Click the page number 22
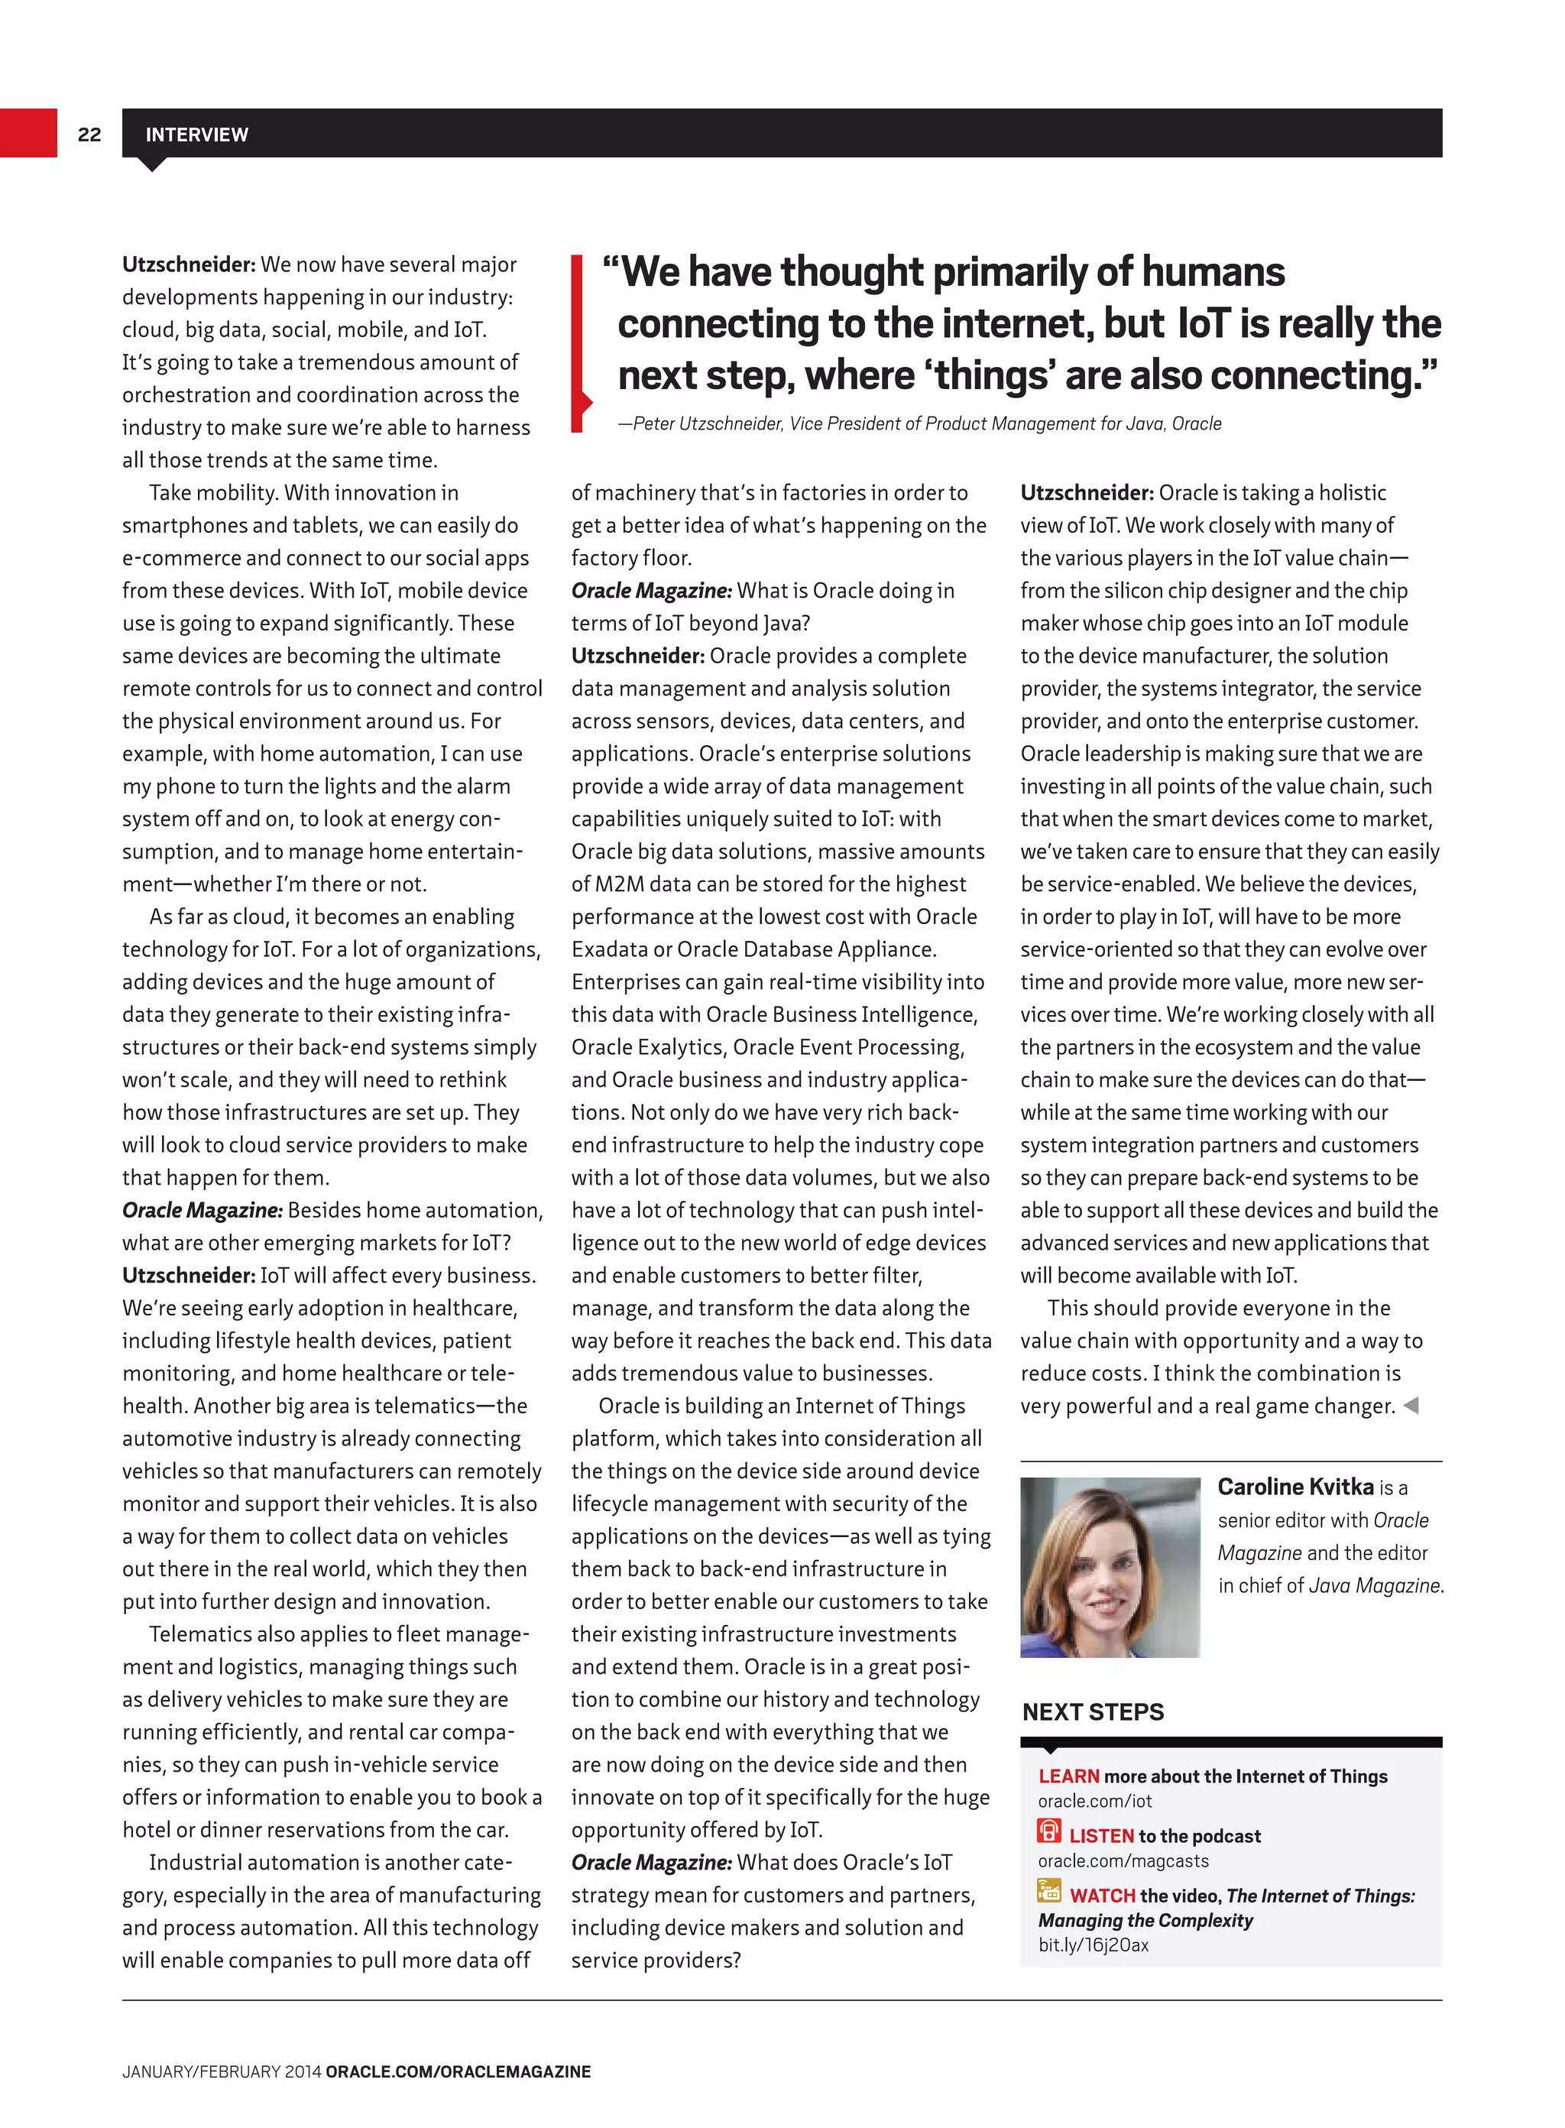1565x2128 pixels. click(x=89, y=135)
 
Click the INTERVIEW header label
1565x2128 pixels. click(x=196, y=135)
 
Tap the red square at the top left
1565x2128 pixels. click(x=28, y=133)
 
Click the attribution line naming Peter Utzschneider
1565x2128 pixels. click(x=919, y=423)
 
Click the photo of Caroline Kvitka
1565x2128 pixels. click(x=1110, y=1566)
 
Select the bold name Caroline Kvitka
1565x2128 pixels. click(x=1295, y=1487)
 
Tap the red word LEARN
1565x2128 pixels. click(x=1068, y=1776)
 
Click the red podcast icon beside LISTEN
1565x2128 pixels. click(x=1048, y=1831)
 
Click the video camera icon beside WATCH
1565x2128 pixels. click(x=1048, y=1891)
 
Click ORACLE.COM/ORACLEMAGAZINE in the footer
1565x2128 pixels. click(x=458, y=2072)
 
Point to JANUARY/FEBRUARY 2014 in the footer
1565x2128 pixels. click(x=222, y=2072)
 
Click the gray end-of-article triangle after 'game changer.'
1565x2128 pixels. click(x=1411, y=1405)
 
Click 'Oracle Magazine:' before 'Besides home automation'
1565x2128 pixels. click(x=202, y=1210)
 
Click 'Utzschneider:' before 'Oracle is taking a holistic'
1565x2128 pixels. click(x=1086, y=493)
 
